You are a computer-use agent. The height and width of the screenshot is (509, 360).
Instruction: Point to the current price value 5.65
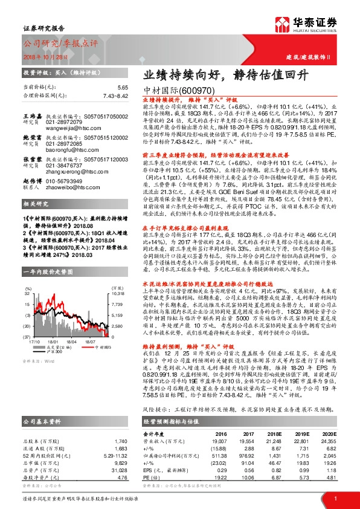(123, 87)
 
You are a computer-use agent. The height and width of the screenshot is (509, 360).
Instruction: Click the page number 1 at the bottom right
(335, 498)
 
